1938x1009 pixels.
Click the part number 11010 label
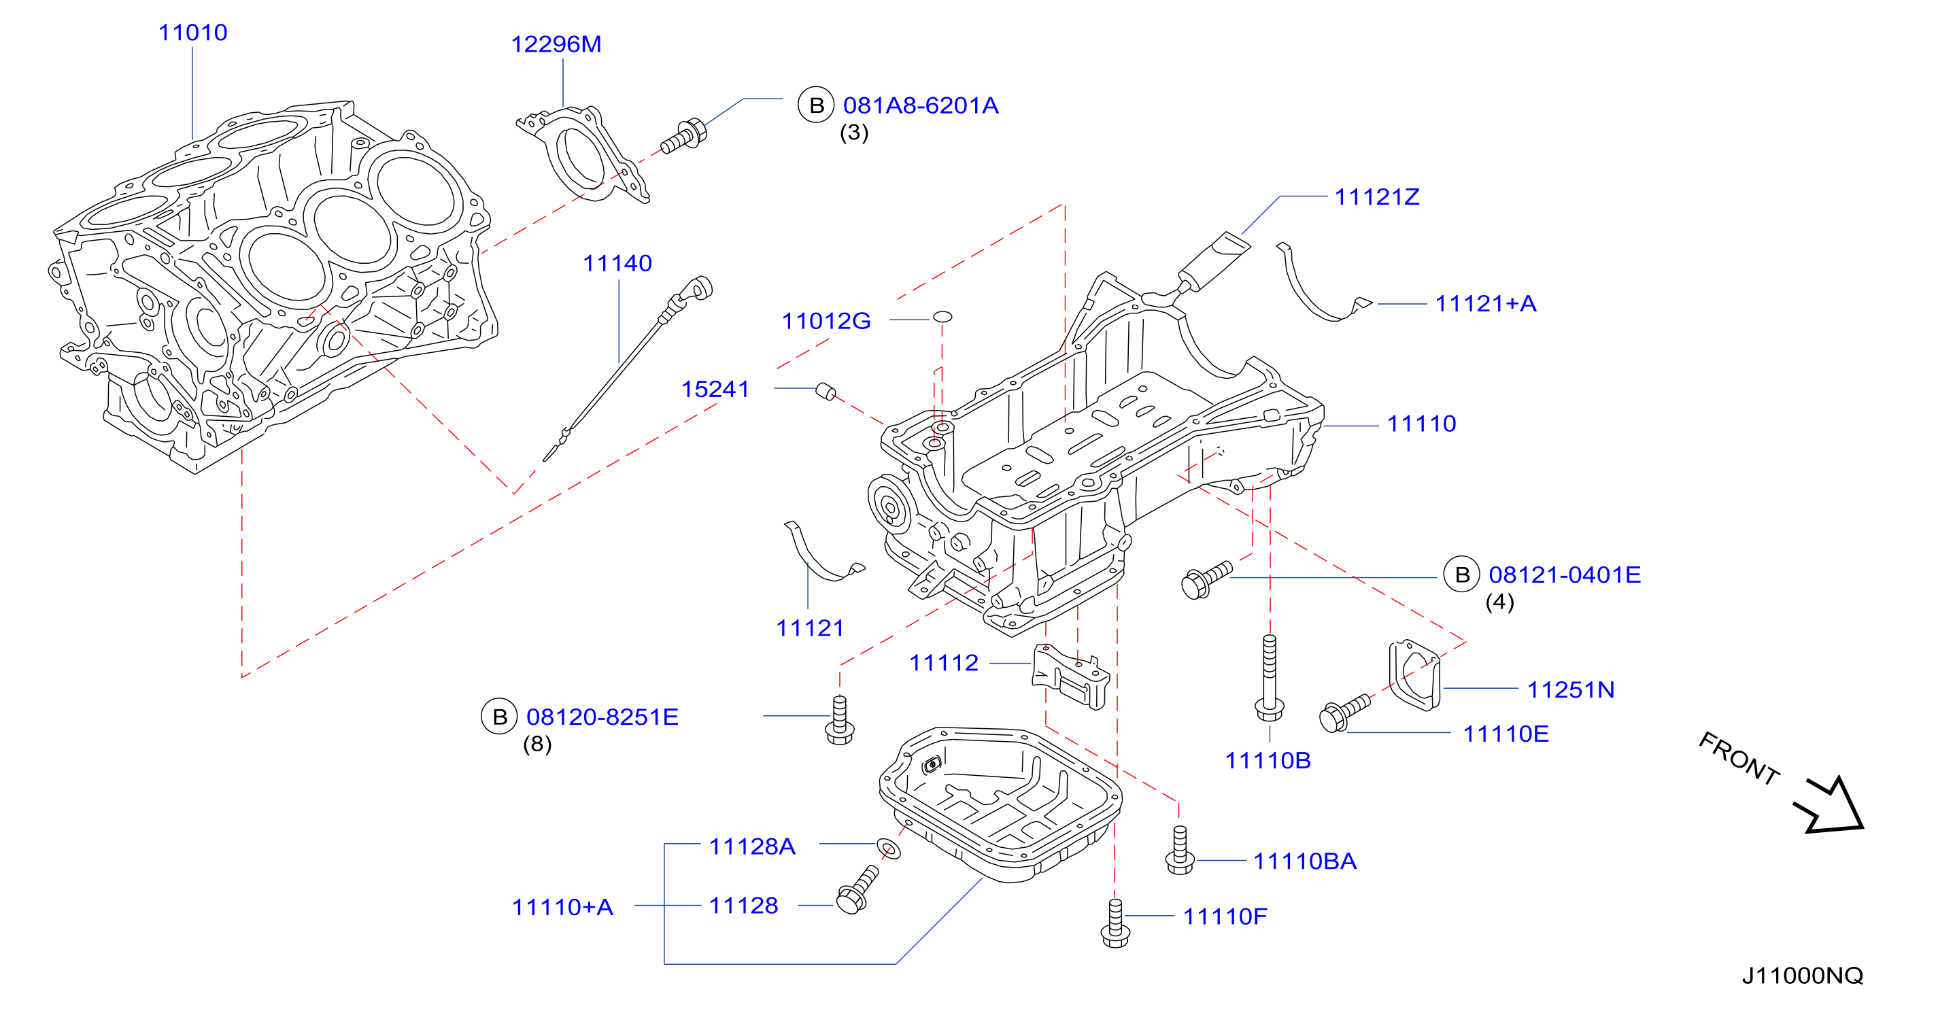click(192, 33)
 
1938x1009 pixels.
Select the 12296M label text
click(556, 44)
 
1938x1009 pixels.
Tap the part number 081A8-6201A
click(921, 105)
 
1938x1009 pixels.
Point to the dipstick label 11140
click(617, 263)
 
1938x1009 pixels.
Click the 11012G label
click(826, 322)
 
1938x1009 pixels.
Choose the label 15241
click(715, 389)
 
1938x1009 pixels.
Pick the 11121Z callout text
click(1377, 197)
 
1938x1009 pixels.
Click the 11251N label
click(1571, 690)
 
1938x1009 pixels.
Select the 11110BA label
click(1304, 861)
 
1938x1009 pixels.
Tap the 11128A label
click(752, 846)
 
